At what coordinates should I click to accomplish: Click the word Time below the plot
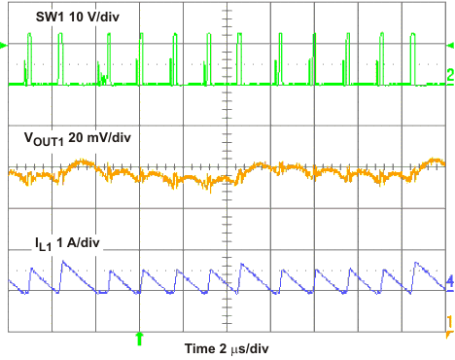point(200,346)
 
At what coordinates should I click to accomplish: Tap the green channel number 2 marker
point(450,75)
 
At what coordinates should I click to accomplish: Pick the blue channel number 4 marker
point(450,282)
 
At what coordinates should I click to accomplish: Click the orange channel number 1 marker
point(450,320)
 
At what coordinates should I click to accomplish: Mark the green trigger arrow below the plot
point(140,338)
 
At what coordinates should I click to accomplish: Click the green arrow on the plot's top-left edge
point(4,46)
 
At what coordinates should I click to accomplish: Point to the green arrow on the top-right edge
point(450,46)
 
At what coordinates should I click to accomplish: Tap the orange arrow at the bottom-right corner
point(449,334)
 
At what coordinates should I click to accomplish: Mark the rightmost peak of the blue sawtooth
point(417,263)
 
